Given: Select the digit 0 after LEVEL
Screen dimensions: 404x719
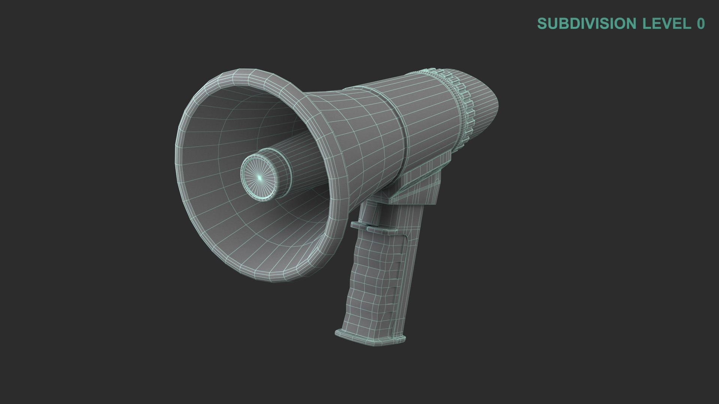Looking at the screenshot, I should pos(701,24).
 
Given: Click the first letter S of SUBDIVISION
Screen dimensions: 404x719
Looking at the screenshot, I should pos(541,24).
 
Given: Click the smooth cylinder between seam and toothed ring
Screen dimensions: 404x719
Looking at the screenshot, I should pos(431,120).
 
